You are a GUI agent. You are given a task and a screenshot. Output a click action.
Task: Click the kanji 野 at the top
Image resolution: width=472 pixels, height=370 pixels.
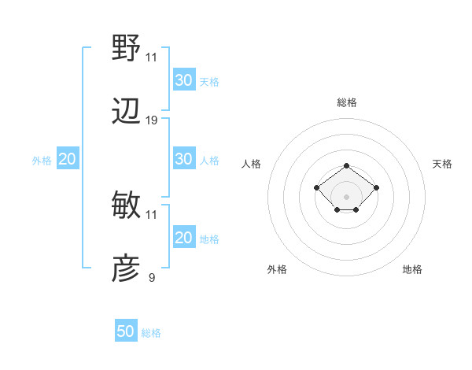[x=127, y=48]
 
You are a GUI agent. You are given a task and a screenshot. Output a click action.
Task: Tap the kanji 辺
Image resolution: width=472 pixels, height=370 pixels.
[x=127, y=111]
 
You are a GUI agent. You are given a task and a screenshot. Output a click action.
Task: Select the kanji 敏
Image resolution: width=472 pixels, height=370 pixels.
[x=127, y=205]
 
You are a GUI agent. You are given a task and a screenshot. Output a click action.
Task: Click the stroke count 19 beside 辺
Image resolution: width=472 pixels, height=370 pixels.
[x=152, y=120]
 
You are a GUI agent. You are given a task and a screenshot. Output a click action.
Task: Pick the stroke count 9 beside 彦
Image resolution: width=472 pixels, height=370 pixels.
[x=152, y=277]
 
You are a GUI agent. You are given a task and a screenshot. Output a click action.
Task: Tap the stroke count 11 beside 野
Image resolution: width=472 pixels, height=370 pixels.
[x=152, y=57]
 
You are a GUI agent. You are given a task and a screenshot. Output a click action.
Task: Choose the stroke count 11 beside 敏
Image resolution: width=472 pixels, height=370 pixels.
[x=152, y=214]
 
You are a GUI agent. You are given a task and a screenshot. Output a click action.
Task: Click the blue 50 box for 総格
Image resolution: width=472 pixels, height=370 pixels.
[x=126, y=331]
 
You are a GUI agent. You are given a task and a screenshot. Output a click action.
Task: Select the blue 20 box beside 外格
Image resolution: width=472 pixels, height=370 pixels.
[x=67, y=159]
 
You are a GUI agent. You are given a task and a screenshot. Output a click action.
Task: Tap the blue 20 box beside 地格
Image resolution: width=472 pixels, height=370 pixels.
[x=183, y=238]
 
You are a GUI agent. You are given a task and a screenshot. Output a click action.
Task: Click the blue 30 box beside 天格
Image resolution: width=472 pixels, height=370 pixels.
[x=183, y=80]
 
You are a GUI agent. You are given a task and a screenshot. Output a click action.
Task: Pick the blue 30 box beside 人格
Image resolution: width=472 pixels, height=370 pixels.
[x=183, y=159]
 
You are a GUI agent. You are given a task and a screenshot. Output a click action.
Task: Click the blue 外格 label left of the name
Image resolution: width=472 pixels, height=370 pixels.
[x=42, y=160]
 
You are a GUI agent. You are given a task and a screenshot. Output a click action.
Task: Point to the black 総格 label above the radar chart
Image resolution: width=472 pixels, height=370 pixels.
[x=347, y=102]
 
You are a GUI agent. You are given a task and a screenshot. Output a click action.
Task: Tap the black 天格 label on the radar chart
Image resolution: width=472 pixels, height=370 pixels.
[x=442, y=164]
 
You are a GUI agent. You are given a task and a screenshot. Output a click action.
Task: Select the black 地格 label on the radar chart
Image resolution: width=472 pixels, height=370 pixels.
[x=412, y=269]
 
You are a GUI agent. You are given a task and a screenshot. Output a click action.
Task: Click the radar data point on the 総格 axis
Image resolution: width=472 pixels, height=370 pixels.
[x=347, y=165]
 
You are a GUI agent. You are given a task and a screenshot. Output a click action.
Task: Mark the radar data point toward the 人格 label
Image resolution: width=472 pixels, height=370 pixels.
[x=316, y=187]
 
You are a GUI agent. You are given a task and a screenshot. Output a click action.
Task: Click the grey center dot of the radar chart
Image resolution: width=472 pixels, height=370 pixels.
[x=347, y=197]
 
